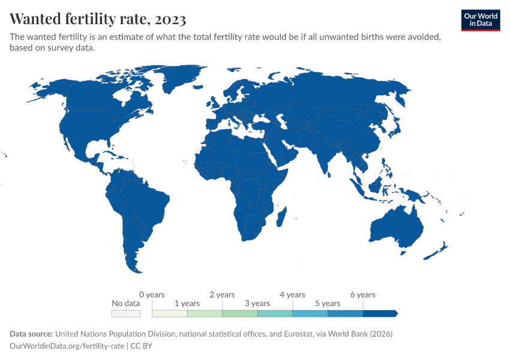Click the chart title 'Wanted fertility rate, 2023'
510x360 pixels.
tap(98, 19)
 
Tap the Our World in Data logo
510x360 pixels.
tap(480, 20)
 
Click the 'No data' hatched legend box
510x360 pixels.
tap(126, 313)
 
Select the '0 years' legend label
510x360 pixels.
tap(152, 295)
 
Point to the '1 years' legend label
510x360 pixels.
tap(187, 304)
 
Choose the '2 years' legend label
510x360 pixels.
tap(222, 295)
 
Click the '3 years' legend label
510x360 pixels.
tap(257, 304)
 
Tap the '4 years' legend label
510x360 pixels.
tap(292, 295)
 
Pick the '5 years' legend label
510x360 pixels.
tap(328, 304)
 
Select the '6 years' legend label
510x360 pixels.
tap(362, 295)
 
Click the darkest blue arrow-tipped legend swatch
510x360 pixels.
tap(380, 313)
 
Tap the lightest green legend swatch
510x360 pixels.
tap(170, 313)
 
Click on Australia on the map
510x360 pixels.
tap(396, 228)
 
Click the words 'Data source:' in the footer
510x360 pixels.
tap(31, 334)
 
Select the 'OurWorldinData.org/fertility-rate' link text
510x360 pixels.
tap(67, 346)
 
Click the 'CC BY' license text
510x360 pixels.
tap(142, 346)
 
